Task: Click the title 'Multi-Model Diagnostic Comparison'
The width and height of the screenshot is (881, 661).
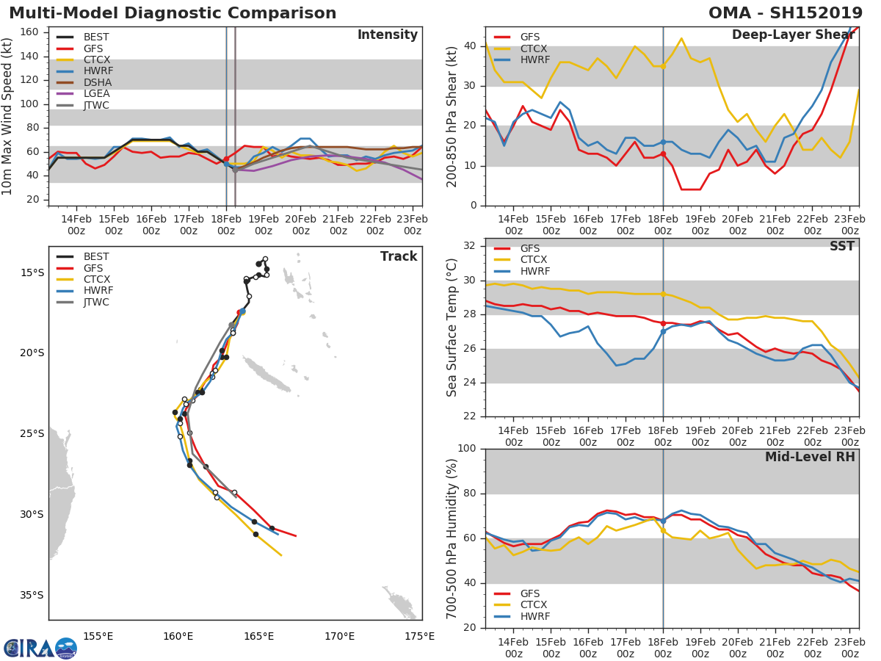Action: (173, 13)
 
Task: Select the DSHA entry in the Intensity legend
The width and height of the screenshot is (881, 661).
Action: (96, 82)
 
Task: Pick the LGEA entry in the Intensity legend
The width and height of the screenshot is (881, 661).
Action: (96, 94)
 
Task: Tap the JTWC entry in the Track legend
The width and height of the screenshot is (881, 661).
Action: (96, 302)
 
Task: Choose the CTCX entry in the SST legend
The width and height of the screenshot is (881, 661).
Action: (534, 260)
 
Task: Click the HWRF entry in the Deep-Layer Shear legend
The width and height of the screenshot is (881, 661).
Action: (534, 59)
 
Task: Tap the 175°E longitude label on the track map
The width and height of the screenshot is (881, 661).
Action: (418, 636)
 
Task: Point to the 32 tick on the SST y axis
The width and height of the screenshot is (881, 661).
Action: (471, 246)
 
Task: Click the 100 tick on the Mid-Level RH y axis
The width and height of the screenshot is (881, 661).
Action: (468, 449)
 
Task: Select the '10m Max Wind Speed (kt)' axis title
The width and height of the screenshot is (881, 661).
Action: (8, 116)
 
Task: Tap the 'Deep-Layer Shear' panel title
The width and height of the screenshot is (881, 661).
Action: (793, 35)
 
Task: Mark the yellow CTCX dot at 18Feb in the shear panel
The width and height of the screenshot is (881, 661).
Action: (663, 66)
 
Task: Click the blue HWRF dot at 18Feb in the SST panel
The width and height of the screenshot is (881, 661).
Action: (663, 331)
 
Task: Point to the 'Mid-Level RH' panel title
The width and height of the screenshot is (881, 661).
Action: (810, 457)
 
